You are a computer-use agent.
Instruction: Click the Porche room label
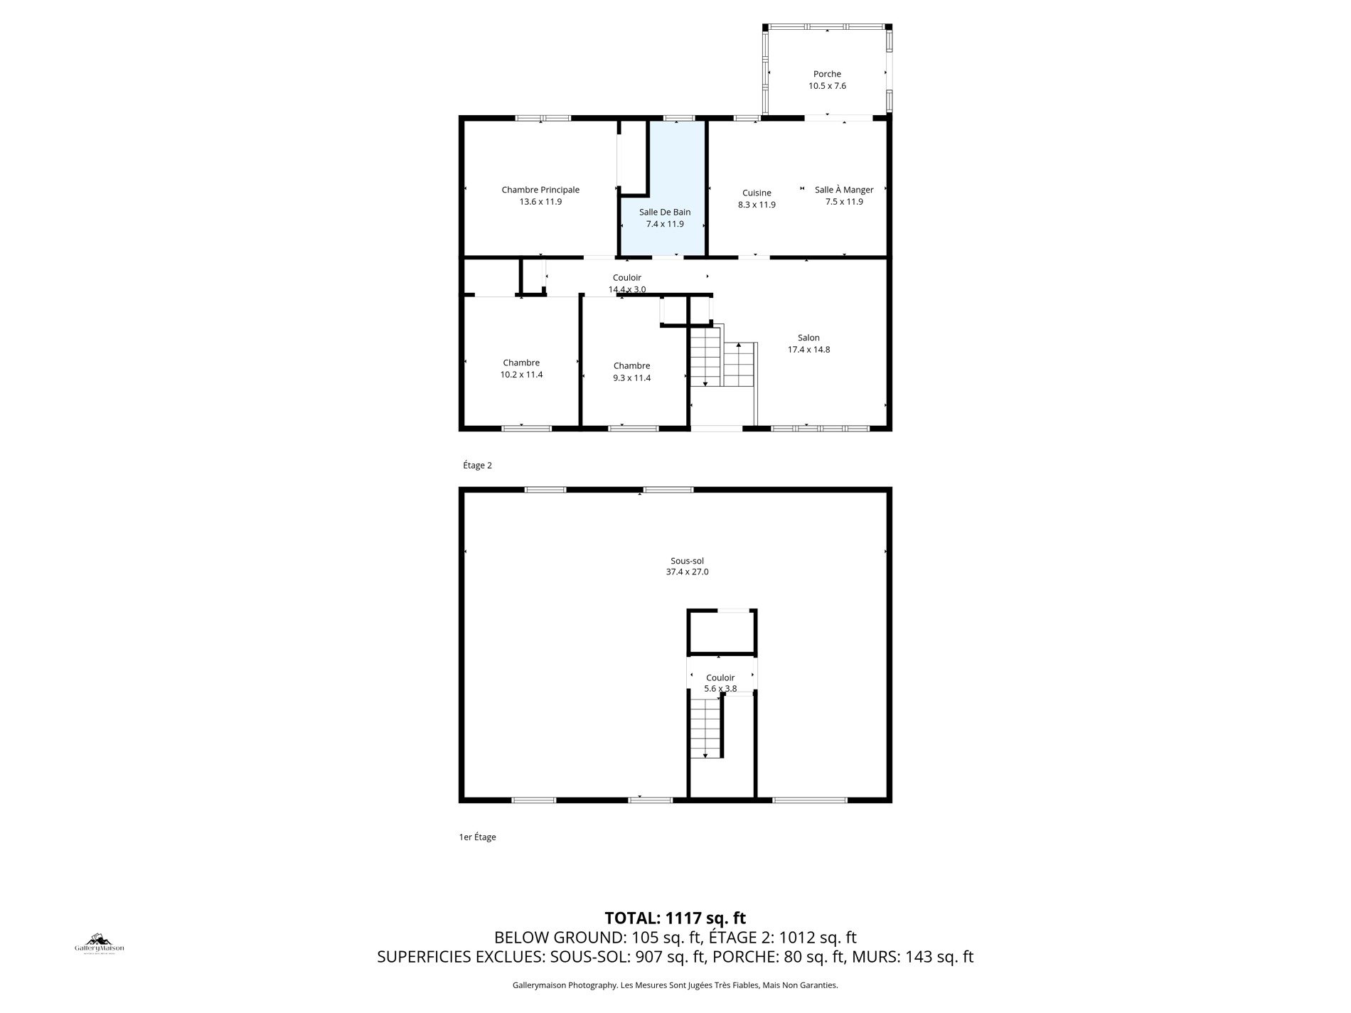pyautogui.click(x=827, y=74)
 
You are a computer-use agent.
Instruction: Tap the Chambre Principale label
pyautogui.click(x=540, y=190)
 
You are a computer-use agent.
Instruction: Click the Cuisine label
pyautogui.click(x=757, y=193)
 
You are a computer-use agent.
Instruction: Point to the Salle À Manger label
pyautogui.click(x=844, y=190)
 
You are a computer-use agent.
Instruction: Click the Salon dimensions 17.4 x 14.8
pyautogui.click(x=808, y=350)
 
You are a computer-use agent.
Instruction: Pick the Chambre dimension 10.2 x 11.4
pyautogui.click(x=521, y=375)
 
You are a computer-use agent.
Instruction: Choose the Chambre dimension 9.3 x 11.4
pyautogui.click(x=632, y=378)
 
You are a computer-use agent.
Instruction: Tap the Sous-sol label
pyautogui.click(x=687, y=561)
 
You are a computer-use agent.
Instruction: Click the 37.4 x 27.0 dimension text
pyautogui.click(x=687, y=572)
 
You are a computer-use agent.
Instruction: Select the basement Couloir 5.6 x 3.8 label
pyautogui.click(x=720, y=683)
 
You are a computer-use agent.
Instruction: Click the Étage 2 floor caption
pyautogui.click(x=477, y=466)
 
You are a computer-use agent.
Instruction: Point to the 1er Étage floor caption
pyautogui.click(x=478, y=837)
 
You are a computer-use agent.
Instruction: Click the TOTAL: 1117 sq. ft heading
pyautogui.click(x=675, y=918)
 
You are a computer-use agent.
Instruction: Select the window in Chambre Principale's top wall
pyautogui.click(x=543, y=118)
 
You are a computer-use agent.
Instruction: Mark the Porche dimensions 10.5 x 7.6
pyautogui.click(x=827, y=86)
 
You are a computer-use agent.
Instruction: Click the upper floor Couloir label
pyautogui.click(x=627, y=278)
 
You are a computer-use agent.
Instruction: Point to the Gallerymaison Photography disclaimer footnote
pyautogui.click(x=675, y=985)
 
